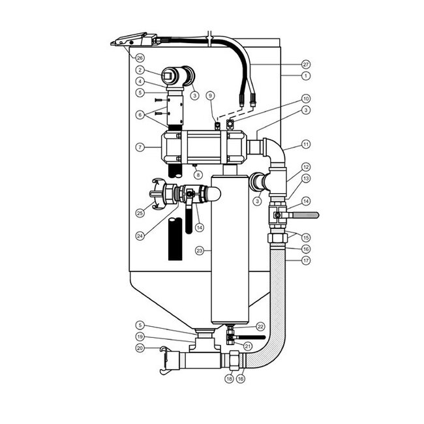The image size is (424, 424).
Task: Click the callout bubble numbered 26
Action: click(x=140, y=57)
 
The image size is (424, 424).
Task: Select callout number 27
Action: click(x=305, y=65)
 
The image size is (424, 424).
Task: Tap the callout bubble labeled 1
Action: click(x=305, y=76)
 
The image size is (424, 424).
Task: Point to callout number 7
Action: click(x=140, y=147)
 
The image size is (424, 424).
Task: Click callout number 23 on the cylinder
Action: click(x=200, y=250)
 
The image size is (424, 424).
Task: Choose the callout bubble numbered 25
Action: click(x=140, y=213)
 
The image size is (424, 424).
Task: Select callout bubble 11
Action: click(x=305, y=143)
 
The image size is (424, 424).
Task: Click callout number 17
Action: click(x=305, y=260)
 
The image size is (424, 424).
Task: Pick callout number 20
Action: click(x=140, y=348)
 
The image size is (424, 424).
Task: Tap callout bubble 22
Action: click(x=260, y=326)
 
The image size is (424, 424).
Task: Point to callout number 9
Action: click(x=211, y=95)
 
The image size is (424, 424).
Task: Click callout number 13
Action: click(x=305, y=177)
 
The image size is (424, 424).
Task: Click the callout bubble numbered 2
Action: click(x=140, y=69)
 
